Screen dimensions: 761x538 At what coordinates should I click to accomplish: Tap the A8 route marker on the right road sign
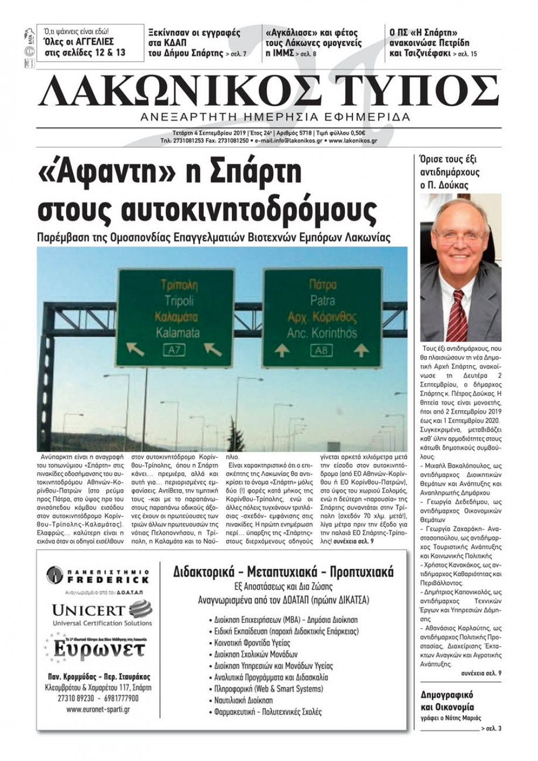click(321, 351)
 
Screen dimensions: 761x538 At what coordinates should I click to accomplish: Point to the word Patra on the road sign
click(322, 300)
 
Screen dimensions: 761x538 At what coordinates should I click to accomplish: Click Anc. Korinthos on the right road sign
click(322, 332)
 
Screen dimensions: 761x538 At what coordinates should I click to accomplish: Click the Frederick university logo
click(97, 576)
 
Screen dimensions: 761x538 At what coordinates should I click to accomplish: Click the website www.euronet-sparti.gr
click(98, 709)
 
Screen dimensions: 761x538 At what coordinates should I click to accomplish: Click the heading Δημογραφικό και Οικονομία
click(447, 701)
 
